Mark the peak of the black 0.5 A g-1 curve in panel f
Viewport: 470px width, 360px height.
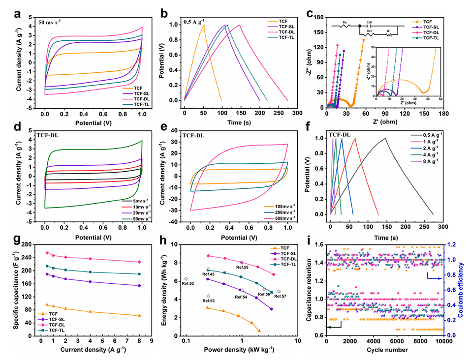(385, 138)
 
